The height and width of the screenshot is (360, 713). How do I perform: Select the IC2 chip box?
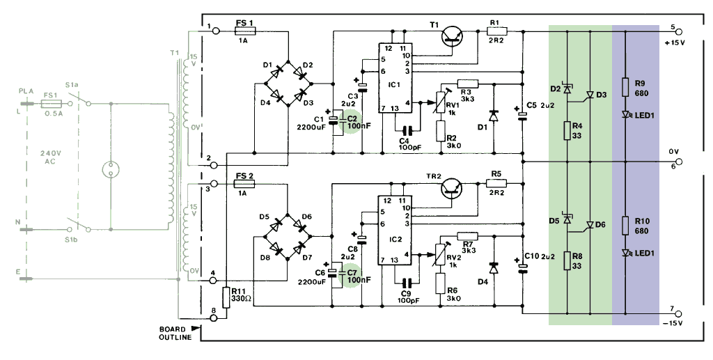pyautogui.click(x=395, y=229)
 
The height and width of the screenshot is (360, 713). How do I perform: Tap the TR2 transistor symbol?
pyautogui.click(x=453, y=187)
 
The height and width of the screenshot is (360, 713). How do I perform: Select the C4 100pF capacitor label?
pyautogui.click(x=407, y=143)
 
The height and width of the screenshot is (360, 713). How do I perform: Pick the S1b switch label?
pyautogui.click(x=72, y=240)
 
